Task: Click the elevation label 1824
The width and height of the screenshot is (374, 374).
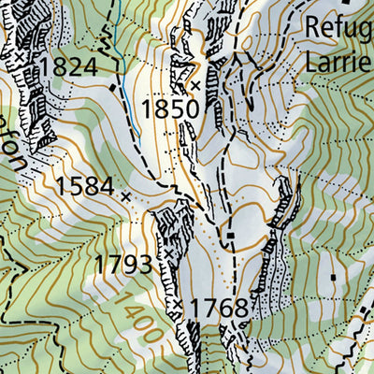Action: [x=68, y=66]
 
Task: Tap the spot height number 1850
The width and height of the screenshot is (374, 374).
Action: [x=170, y=108]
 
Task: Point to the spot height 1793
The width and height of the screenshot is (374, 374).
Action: [x=123, y=265]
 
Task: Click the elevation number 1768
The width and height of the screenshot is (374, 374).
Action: [x=219, y=309]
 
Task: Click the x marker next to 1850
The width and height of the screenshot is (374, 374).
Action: [x=195, y=85]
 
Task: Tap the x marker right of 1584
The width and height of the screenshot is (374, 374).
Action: [x=126, y=195]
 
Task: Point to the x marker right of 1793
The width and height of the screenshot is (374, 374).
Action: [x=166, y=254]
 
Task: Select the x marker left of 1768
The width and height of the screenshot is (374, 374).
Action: [x=177, y=305]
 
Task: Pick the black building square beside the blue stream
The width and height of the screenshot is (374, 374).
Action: [x=114, y=87]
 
